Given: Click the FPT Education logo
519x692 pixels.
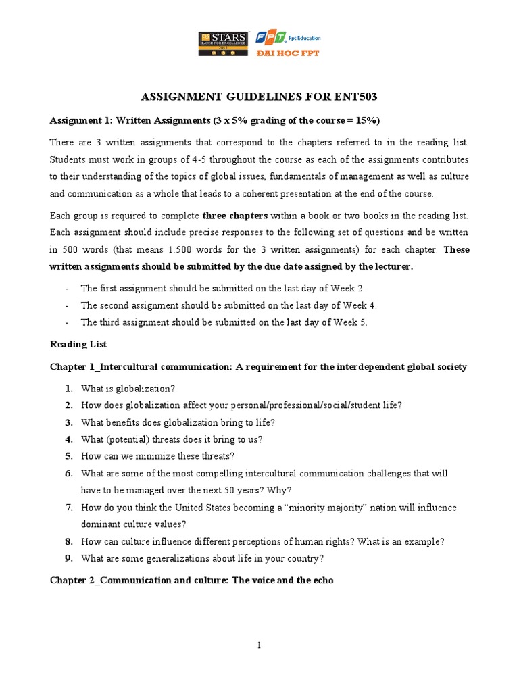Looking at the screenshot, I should pos(286,39).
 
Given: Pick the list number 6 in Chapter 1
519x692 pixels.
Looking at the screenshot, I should pos(69,473).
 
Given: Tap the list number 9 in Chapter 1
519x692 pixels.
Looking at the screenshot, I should pos(69,558).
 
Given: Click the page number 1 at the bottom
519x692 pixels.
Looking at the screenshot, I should pos(259,645).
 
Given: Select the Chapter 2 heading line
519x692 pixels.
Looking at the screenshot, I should pos(192,580).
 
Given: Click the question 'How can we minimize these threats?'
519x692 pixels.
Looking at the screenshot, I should pos(157,455).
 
